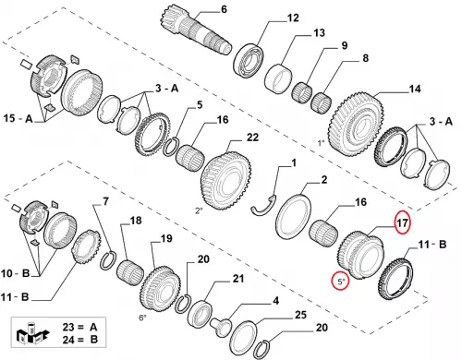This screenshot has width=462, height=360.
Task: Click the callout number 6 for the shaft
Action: pos(224,9)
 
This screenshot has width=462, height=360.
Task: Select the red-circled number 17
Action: pos(403,222)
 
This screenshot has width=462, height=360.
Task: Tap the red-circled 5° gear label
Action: pos(340,282)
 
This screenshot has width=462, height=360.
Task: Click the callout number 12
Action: pos(293,18)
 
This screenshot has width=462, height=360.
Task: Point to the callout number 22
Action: pos(252,138)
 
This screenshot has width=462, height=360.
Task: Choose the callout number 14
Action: pos(415,89)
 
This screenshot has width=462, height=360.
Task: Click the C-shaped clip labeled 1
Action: pos(263,205)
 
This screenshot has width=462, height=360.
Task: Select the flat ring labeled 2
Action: pos(293,216)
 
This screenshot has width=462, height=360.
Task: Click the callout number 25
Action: pos(300,315)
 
